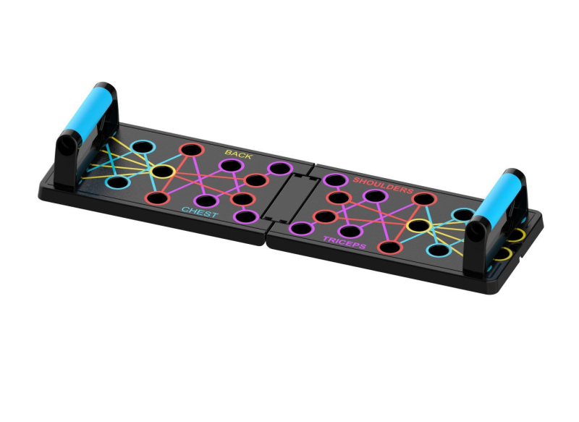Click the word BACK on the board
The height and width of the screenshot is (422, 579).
[x=239, y=154]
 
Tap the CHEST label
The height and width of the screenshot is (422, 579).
[x=200, y=212]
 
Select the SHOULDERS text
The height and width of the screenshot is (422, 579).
[x=383, y=185]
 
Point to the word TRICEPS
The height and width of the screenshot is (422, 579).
[x=345, y=242]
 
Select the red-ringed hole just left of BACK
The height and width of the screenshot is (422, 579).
[x=191, y=150]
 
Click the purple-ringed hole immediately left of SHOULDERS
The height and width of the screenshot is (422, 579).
[x=335, y=180]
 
